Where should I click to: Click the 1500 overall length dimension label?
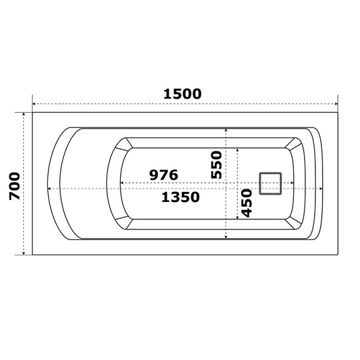pyautogui.click(x=182, y=94)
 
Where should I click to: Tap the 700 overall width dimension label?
pyautogui.click(x=15, y=186)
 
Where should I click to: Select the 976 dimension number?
pyautogui.click(x=163, y=175)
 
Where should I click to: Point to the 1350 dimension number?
pyautogui.click(x=181, y=197)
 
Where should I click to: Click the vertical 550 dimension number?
pyautogui.click(x=217, y=165)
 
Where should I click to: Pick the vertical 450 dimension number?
pyautogui.click(x=247, y=203)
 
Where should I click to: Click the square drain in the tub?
pyautogui.click(x=271, y=183)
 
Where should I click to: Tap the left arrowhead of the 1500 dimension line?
pyautogui.click(x=34, y=104)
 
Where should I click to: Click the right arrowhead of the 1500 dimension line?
pyautogui.click(x=336, y=104)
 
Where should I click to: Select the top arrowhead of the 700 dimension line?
pyautogui.click(x=23, y=114)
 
